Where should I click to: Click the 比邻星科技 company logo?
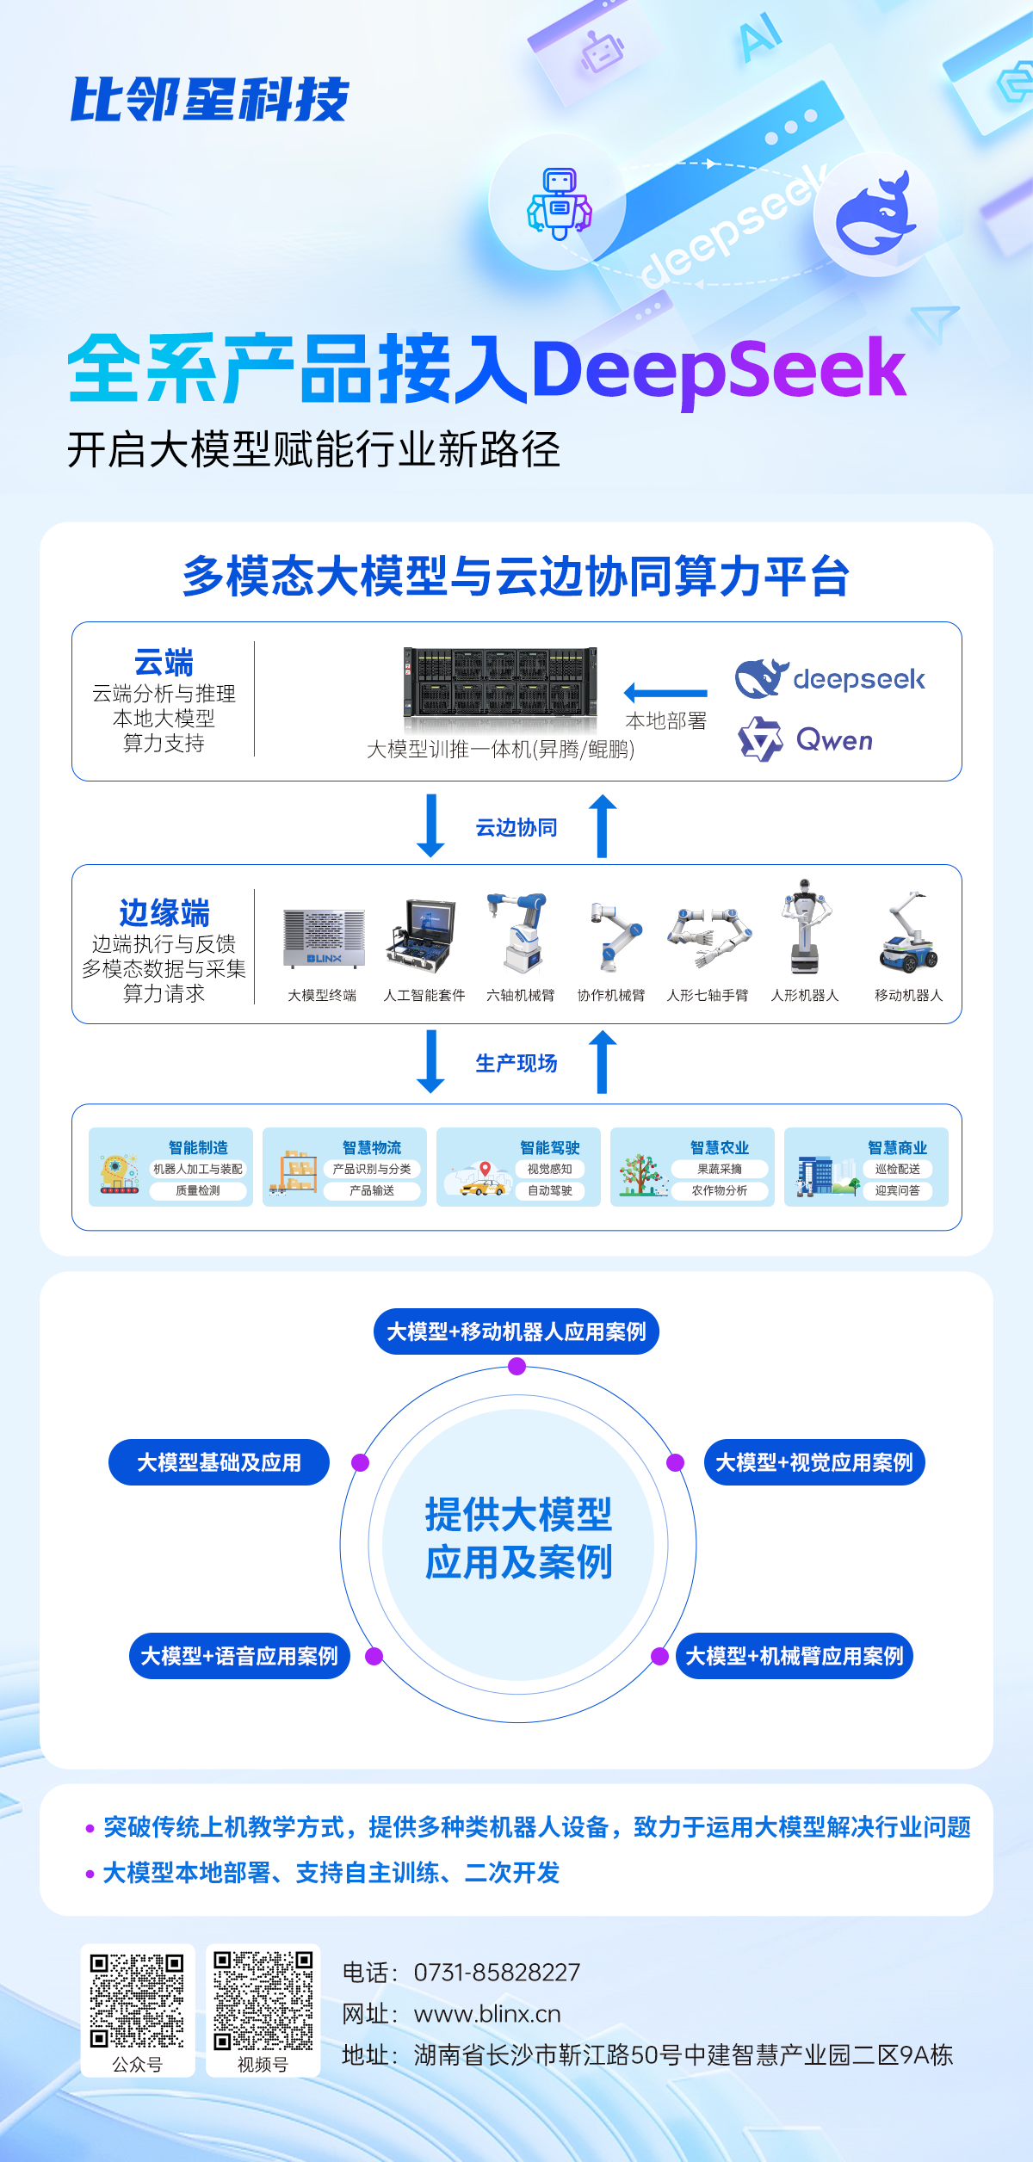pos(209,100)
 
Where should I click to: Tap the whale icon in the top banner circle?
pos(875,215)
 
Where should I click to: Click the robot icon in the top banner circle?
pos(560,203)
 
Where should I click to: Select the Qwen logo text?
pos(834,740)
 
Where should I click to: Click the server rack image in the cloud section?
pos(500,683)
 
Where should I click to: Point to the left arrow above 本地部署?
pos(665,692)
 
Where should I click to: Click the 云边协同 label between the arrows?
pos(516,828)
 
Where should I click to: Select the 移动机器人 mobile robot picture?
pos(908,934)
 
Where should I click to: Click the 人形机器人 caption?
pos(805,996)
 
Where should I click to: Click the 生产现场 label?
pos(516,1064)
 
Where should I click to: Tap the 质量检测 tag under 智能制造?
pos(198,1191)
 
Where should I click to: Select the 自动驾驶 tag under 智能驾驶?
pos(550,1191)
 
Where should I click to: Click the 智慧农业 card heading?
pos(720,1147)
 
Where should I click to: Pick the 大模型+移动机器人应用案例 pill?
pos(516,1332)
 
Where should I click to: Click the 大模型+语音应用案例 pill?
pos(239,1656)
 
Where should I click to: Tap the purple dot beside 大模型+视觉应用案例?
pos(676,1462)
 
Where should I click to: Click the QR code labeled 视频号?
pos(263,2001)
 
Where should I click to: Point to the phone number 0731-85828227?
pos(497,1973)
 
